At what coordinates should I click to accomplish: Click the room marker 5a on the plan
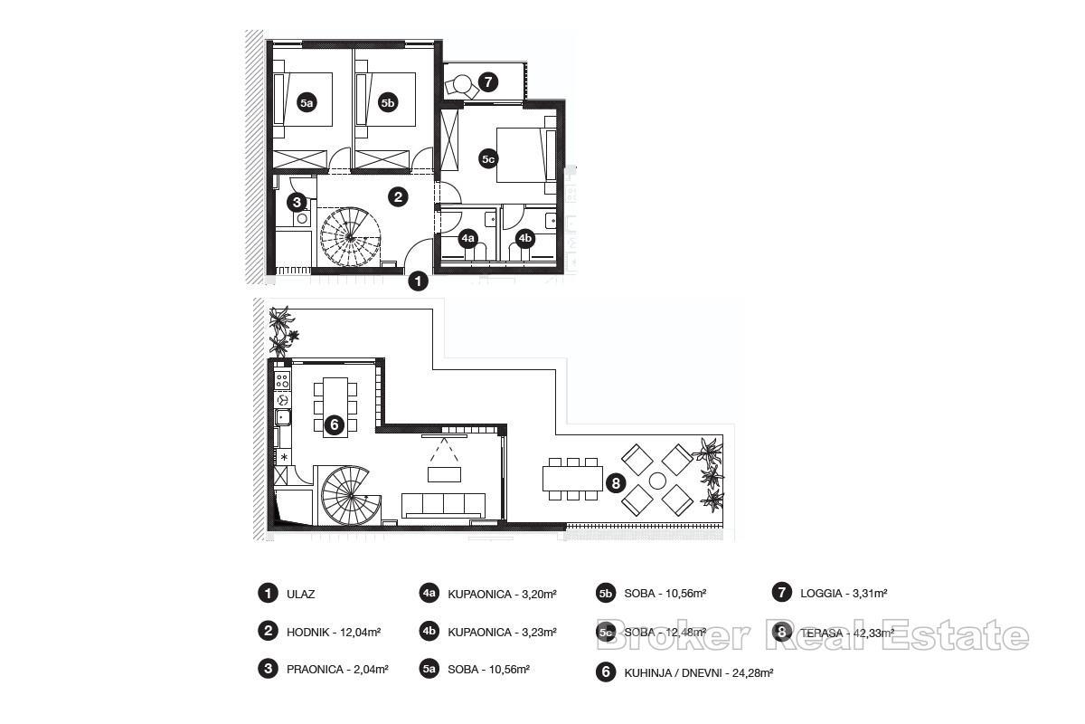[307, 103]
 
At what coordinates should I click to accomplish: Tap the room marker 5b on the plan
[388, 103]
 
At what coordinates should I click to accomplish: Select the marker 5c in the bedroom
[488, 159]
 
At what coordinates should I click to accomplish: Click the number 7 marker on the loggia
[488, 82]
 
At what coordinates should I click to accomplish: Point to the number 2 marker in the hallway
[398, 196]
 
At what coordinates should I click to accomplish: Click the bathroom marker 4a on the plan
[467, 239]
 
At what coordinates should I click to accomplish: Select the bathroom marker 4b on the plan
[524, 239]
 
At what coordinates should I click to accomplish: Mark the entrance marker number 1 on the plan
[418, 281]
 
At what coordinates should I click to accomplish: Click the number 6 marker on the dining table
[334, 424]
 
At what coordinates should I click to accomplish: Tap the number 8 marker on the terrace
[616, 482]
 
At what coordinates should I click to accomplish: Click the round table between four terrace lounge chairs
[657, 480]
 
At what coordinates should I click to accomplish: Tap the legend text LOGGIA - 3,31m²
[844, 594]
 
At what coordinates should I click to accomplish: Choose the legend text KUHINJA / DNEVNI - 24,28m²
[698, 672]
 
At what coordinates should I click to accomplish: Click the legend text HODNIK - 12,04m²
[334, 633]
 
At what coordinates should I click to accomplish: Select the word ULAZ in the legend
[300, 595]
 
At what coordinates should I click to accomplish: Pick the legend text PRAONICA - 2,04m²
[337, 670]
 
